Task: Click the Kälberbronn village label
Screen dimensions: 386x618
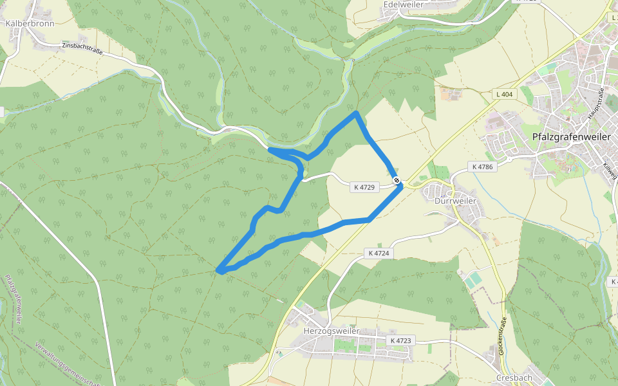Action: [30, 23]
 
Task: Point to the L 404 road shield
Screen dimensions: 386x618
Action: [505, 95]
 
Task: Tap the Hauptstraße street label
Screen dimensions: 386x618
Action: [595, 103]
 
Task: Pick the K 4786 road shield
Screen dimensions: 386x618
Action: [482, 167]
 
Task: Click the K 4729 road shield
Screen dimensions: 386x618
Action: [364, 187]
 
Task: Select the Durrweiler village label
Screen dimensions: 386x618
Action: [455, 200]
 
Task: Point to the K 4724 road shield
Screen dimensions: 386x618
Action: [379, 253]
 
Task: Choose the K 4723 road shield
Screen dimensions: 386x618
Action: [400, 340]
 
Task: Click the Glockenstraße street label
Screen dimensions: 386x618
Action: [502, 336]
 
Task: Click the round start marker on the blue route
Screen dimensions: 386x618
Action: [397, 181]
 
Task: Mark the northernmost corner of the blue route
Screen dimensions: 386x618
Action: [356, 113]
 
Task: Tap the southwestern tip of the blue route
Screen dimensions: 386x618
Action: [220, 270]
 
